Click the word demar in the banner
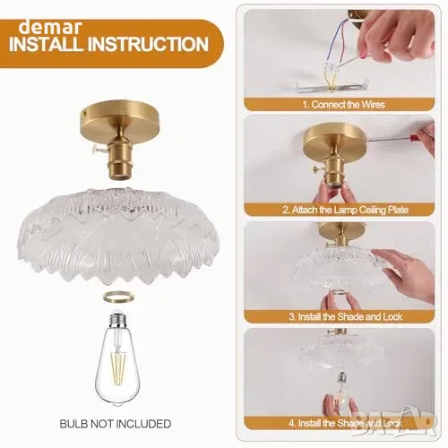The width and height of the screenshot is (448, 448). (50, 28)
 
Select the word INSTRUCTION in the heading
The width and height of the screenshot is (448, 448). (148, 44)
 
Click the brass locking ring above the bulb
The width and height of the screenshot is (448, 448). (118, 297)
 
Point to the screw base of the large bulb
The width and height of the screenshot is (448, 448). (117, 320)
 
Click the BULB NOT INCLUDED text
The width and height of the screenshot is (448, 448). (116, 424)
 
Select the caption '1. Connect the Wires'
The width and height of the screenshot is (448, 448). (343, 105)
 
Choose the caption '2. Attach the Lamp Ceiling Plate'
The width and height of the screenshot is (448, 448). (345, 210)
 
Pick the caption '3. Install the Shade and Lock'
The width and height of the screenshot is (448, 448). (345, 316)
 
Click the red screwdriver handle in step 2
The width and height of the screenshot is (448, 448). (416, 138)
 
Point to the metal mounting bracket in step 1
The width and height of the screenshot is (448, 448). (332, 86)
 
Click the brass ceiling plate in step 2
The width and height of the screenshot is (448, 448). (334, 139)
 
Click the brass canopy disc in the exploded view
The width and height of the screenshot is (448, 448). (119, 118)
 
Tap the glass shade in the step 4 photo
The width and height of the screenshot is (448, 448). (342, 350)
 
